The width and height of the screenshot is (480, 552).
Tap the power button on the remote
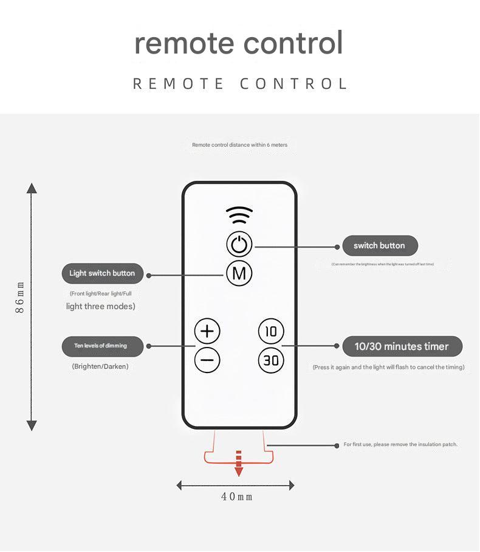239,245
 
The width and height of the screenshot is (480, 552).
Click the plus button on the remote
207,331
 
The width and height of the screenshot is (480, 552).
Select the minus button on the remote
207,360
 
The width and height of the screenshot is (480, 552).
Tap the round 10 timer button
271,331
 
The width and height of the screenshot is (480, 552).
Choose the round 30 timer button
271,360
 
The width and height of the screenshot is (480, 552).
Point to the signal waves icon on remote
239,215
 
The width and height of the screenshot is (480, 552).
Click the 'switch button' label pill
379,246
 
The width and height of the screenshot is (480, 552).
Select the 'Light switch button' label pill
102,273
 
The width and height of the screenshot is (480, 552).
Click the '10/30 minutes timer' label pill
402,346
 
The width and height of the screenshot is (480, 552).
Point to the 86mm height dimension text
21,298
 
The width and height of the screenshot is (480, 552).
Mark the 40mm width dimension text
237,497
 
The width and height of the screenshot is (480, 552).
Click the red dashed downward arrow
239,464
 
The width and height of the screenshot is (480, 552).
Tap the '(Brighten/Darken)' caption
100,366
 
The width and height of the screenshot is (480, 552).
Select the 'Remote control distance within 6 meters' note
239,145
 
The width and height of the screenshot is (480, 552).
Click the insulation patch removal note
400,444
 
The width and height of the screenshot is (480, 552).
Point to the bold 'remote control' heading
239,43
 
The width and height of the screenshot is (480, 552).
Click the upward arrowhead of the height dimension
32,187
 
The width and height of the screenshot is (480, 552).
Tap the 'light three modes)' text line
101,306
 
